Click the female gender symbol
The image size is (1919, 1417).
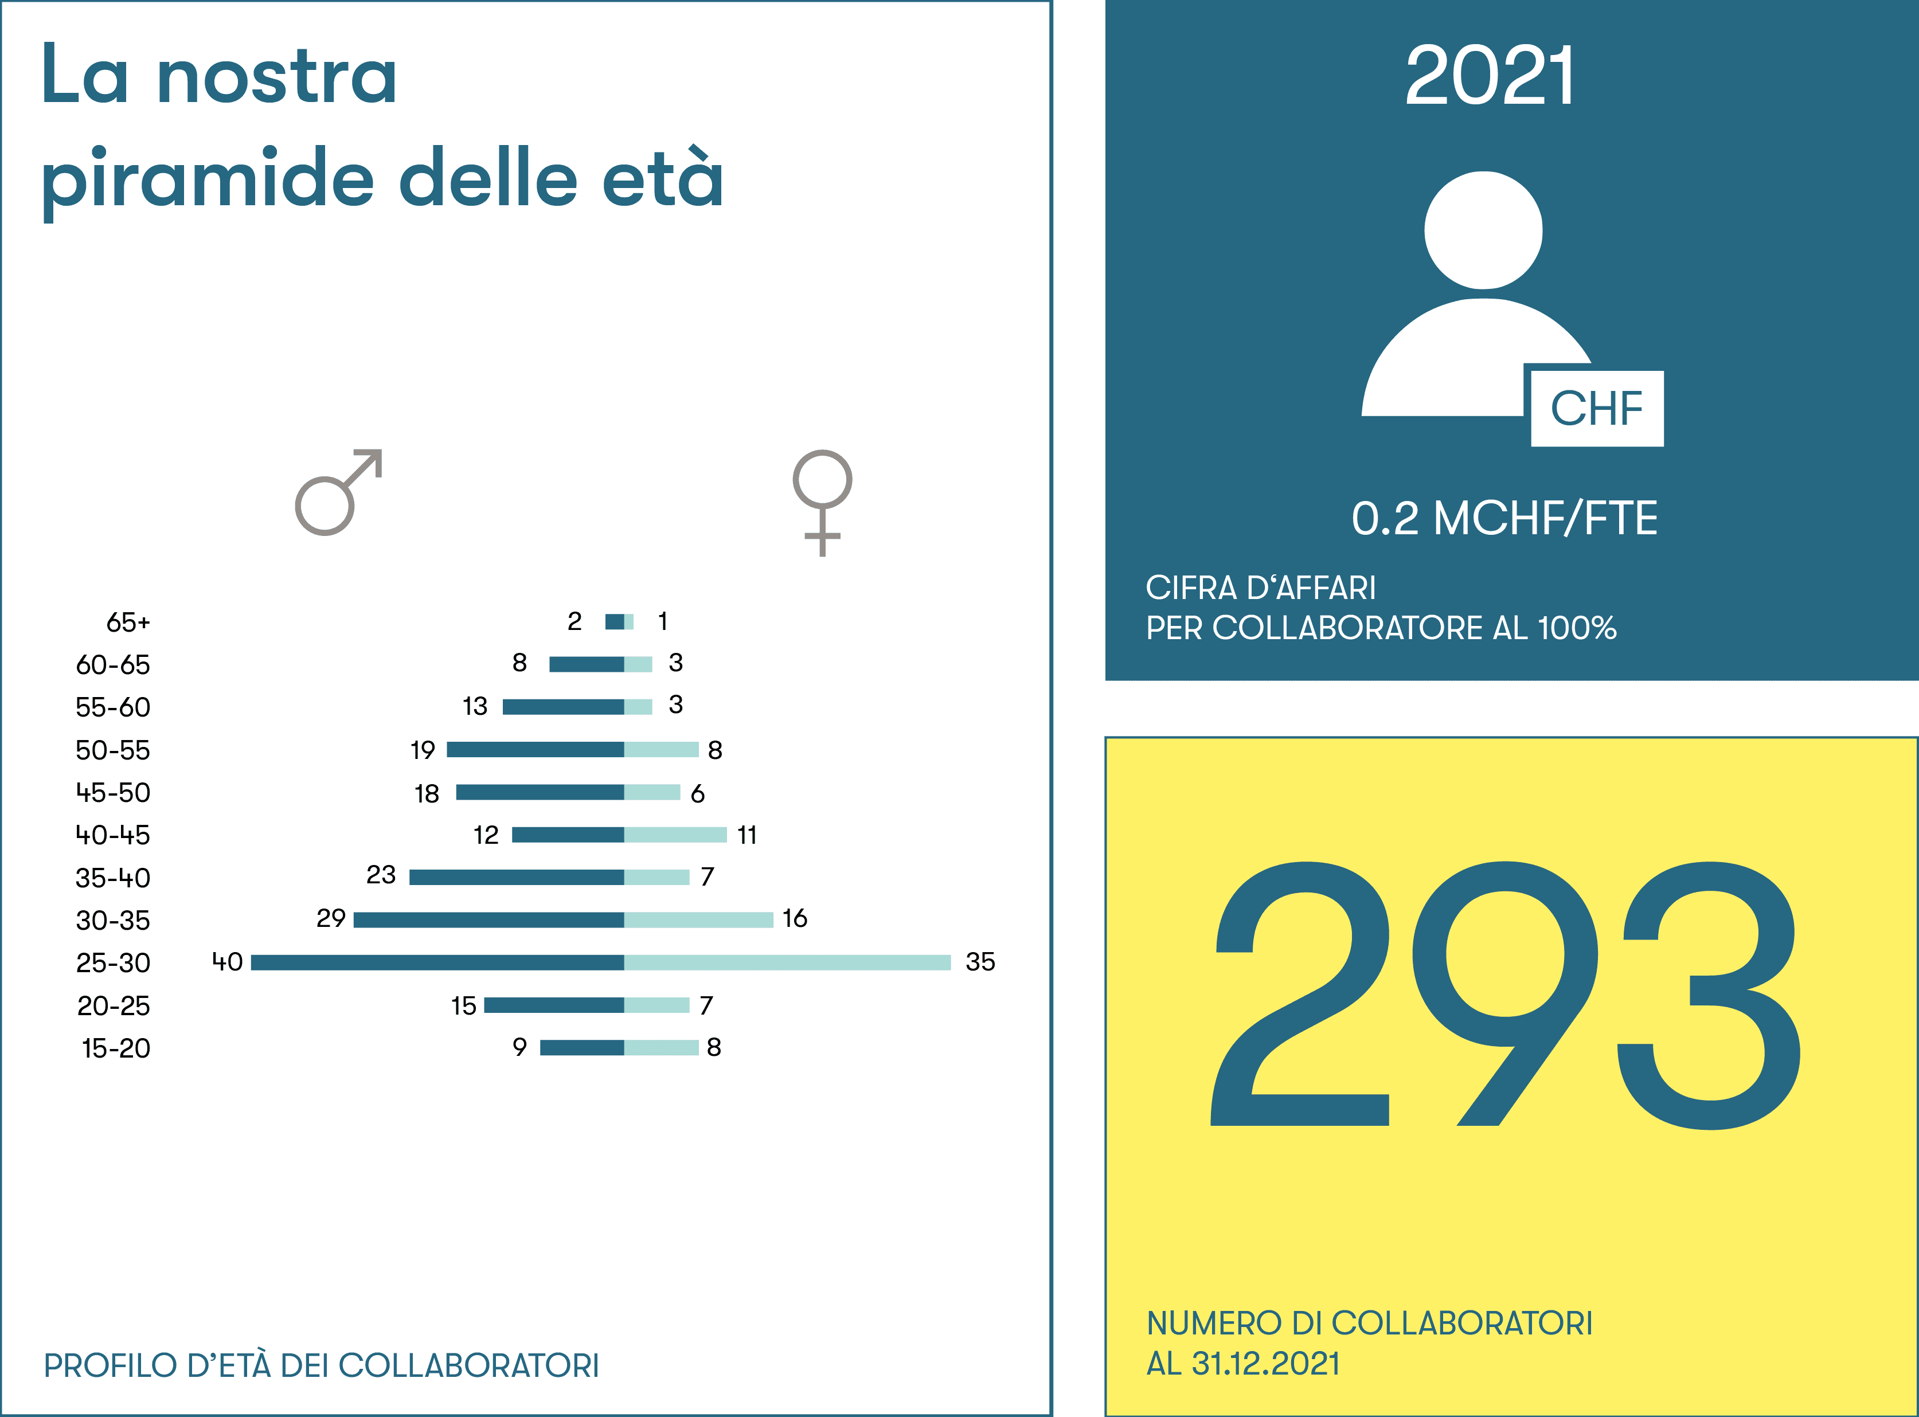click(822, 479)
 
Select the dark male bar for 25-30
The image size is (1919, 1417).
click(437, 962)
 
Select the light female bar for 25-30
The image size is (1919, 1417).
click(788, 962)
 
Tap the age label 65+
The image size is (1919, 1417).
click(128, 622)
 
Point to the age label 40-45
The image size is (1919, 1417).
click(112, 835)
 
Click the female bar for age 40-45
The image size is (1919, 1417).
click(676, 835)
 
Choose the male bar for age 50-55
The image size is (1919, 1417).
click(536, 750)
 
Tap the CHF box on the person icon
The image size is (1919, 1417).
click(1596, 408)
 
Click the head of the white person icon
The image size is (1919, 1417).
click(1483, 230)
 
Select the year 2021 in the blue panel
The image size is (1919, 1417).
click(1490, 76)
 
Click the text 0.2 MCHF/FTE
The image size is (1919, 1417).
click(1504, 518)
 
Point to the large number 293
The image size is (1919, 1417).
click(1506, 995)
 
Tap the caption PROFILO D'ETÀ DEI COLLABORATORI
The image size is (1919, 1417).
click(321, 1365)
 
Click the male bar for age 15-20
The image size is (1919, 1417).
click(581, 1047)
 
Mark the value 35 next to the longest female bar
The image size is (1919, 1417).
click(980, 961)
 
